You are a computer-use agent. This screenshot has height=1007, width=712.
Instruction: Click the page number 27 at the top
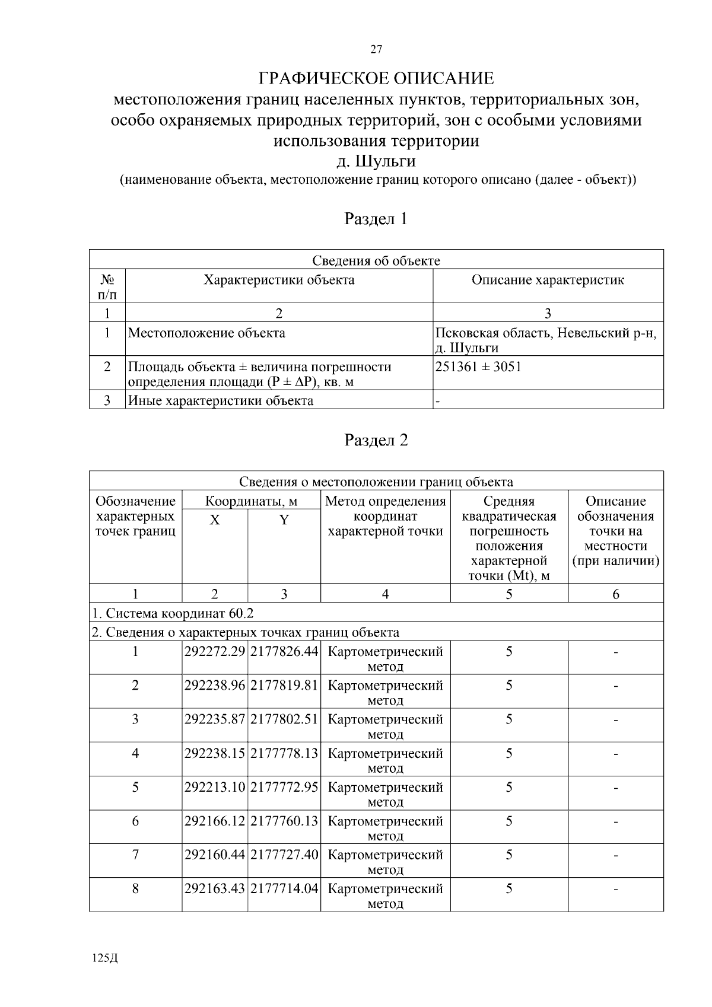[376, 50]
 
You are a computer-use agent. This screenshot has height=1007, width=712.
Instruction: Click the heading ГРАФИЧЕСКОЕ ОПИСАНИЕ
[376, 78]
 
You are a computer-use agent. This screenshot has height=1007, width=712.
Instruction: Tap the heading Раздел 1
[376, 219]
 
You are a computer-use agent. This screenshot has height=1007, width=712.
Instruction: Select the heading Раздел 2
[376, 441]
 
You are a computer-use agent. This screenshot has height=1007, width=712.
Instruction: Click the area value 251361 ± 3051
[478, 367]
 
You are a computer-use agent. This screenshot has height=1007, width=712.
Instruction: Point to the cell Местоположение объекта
[206, 333]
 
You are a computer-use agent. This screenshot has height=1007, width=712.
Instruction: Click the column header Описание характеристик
[548, 280]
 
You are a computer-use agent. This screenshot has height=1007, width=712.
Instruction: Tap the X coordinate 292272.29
[215, 652]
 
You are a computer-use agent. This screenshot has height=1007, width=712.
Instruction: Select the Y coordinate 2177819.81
[284, 686]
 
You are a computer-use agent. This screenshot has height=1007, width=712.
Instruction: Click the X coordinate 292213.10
[215, 788]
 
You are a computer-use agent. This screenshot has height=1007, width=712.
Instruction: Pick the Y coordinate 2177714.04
[284, 889]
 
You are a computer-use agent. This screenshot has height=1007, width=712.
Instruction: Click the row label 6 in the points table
[135, 821]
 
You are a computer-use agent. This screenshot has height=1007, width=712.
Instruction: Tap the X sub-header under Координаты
[215, 521]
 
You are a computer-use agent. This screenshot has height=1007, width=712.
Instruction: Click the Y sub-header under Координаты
[284, 521]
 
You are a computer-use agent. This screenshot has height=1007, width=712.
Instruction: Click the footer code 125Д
[106, 959]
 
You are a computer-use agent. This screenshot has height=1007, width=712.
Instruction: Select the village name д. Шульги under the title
[376, 161]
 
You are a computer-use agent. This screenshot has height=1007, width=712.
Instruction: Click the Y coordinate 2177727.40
[284, 855]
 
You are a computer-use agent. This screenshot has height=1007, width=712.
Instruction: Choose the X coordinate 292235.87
[215, 719]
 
